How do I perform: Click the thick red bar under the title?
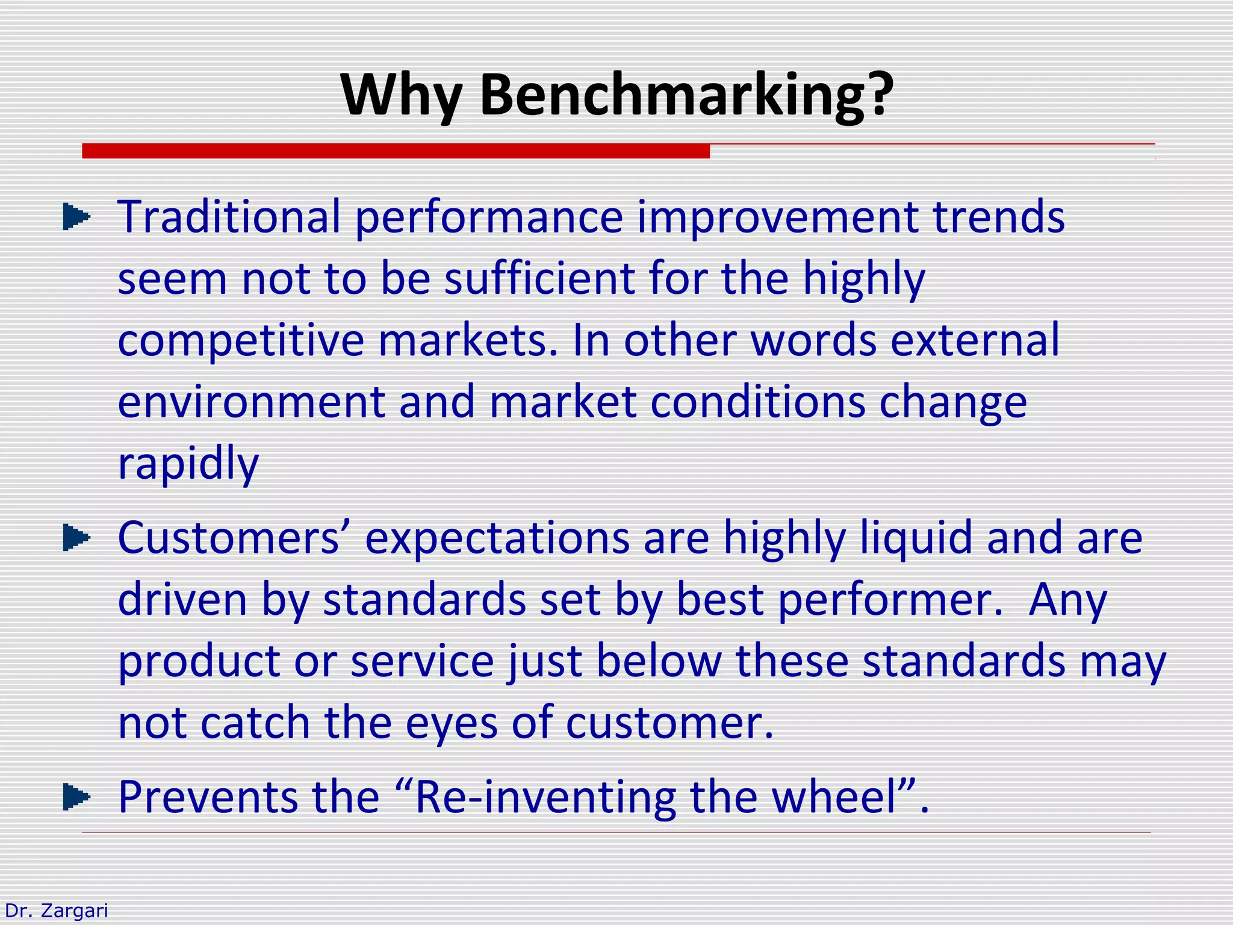[x=396, y=151]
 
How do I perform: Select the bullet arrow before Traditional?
[x=76, y=217]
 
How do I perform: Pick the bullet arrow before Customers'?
[x=76, y=538]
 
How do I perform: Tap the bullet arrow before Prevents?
[x=76, y=797]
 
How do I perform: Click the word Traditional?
[x=229, y=217]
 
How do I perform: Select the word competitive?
[x=241, y=341]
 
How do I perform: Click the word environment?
[x=251, y=402]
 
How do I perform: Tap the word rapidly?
[x=188, y=464]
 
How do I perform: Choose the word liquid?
[x=915, y=538]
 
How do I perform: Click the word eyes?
[x=451, y=724]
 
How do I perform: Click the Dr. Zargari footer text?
[x=56, y=911]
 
